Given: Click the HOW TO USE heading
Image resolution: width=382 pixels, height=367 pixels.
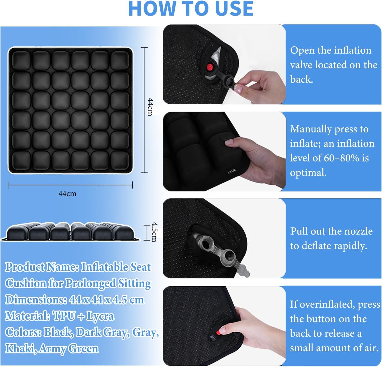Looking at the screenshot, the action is [x=191, y=8].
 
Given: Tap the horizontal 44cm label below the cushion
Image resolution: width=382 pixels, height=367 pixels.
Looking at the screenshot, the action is [x=67, y=194].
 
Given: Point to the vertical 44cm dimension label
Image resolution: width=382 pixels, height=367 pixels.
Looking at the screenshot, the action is [x=150, y=107].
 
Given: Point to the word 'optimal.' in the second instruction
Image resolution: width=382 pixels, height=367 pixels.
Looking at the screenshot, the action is [x=308, y=173].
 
